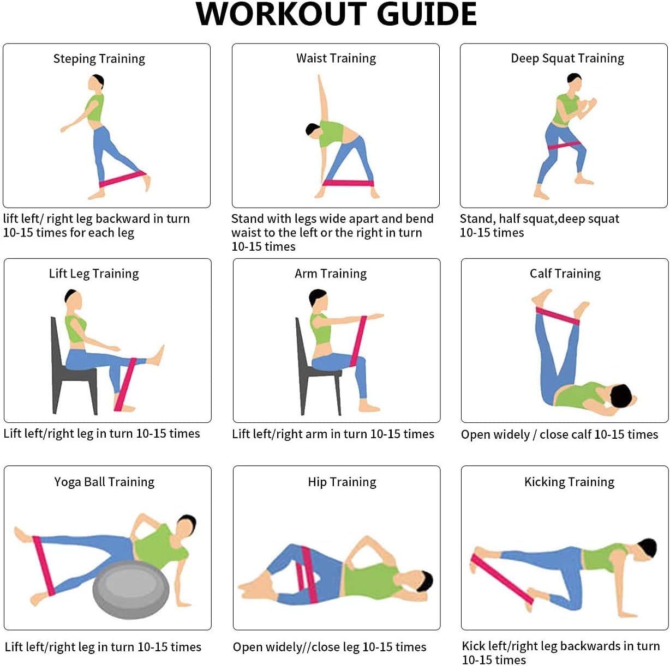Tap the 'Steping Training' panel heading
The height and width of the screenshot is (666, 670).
pos(99,59)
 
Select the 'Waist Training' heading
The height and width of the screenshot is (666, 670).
pos(336,58)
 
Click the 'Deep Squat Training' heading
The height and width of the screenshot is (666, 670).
pos(567,58)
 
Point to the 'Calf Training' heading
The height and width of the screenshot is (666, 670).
pos(565,274)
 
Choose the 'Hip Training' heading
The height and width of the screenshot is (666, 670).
pos(342,482)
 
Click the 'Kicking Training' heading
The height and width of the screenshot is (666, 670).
pos(569,482)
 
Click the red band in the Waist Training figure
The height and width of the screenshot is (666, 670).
pos(348,183)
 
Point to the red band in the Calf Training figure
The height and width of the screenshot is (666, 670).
pos(557,316)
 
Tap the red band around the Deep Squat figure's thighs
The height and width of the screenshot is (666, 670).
pos(564,146)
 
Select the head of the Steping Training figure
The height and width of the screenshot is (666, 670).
pos(96,83)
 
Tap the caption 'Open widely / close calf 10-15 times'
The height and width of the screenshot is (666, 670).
pos(559,434)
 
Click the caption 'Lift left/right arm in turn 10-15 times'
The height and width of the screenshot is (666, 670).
pos(333,434)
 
